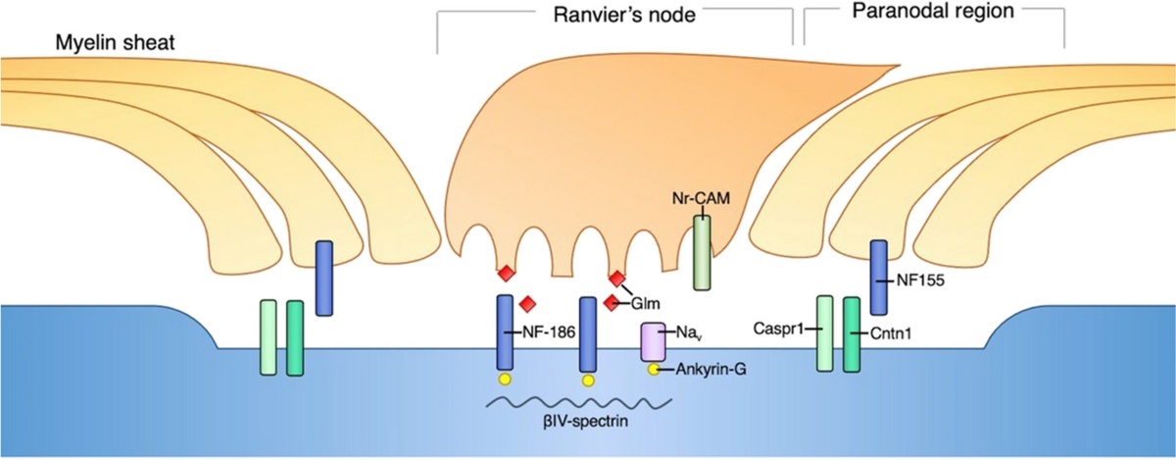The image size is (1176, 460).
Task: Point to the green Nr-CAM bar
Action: click(703, 252)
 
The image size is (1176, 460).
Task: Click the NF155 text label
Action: click(920, 279)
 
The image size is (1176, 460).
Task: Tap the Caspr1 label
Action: click(777, 330)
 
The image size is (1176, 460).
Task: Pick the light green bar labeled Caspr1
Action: click(825, 334)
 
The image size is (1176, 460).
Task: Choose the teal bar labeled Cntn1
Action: click(852, 334)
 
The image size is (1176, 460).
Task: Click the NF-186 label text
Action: click(541, 333)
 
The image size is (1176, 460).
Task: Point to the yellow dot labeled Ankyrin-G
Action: click(654, 370)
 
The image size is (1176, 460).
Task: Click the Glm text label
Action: click(647, 304)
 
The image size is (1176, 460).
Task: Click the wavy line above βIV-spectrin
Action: click(579, 402)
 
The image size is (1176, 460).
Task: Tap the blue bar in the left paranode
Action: click(324, 279)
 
